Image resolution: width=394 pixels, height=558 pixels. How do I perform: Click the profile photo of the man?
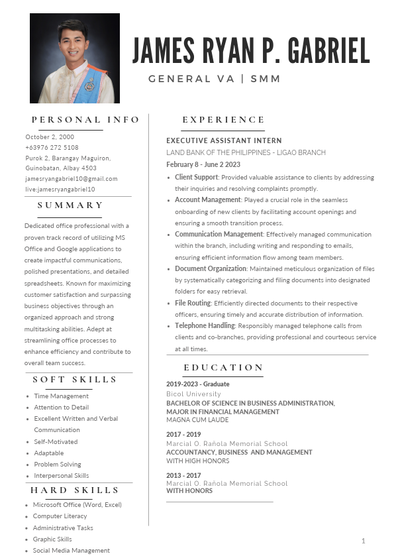click(x=74, y=58)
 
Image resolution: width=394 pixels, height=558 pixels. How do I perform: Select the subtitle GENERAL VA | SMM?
click(x=215, y=79)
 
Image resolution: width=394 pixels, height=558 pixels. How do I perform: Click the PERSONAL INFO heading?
click(x=85, y=120)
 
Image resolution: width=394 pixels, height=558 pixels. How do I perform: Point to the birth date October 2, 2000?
click(x=50, y=137)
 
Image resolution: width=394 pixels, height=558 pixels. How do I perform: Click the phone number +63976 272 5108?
click(x=52, y=148)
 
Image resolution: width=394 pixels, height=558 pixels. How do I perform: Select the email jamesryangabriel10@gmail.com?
click(x=71, y=179)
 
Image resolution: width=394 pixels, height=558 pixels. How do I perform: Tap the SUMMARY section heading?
click(x=70, y=205)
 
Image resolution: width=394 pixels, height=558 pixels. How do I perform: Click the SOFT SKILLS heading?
click(x=75, y=380)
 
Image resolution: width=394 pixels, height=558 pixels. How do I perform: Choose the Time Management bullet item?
click(x=61, y=396)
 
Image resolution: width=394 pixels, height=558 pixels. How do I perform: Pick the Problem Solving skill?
click(x=58, y=465)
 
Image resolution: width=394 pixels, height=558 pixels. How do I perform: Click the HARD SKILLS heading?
click(x=74, y=490)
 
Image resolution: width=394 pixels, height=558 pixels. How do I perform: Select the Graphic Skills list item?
click(x=52, y=539)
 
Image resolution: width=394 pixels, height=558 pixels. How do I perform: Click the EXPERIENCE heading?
click(x=223, y=120)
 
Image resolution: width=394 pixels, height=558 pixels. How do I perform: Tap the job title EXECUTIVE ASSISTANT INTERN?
click(x=224, y=141)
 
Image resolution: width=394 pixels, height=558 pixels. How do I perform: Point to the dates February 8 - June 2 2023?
click(x=203, y=165)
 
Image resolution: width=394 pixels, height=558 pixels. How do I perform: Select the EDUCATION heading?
click(x=223, y=368)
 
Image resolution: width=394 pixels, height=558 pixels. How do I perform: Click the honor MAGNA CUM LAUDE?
click(x=197, y=420)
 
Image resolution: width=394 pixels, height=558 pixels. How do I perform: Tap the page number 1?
click(x=363, y=541)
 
